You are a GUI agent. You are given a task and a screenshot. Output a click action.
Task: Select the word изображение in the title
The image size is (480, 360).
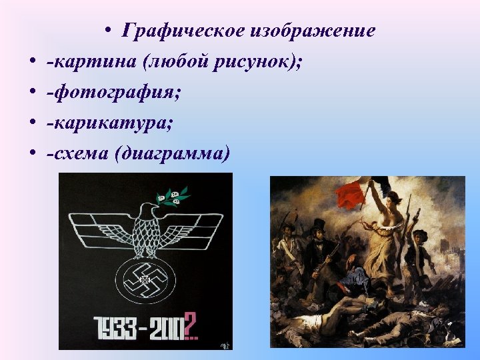[x=313, y=31]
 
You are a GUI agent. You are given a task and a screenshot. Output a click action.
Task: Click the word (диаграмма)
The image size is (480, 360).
[x=172, y=154]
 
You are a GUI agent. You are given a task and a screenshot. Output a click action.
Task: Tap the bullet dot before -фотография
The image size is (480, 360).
[x=32, y=93]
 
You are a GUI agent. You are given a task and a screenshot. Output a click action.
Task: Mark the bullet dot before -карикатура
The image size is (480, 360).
[x=32, y=124]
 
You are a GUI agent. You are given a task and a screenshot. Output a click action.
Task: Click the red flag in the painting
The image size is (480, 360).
[x=351, y=194]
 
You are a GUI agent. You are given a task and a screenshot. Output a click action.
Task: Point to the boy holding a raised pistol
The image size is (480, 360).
[x=419, y=243]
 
